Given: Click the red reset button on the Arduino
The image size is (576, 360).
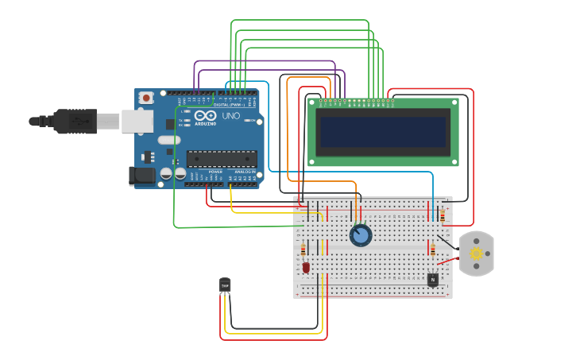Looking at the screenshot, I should [145, 98].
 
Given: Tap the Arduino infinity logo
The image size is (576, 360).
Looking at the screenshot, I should [204, 115].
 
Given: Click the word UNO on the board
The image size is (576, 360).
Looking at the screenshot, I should [230, 116].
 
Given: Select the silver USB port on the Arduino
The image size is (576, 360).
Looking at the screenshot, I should [137, 121].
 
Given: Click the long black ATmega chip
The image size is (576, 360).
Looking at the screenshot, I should [222, 158].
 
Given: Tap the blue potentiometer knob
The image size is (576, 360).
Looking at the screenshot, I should [361, 235].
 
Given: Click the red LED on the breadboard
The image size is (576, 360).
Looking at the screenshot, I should [306, 268].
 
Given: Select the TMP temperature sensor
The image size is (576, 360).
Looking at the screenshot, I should [225, 285].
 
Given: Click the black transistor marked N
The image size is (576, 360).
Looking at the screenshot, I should [432, 280].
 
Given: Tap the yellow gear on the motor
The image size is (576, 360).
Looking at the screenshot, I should [476, 254].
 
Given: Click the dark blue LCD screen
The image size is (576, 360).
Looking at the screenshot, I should [383, 132].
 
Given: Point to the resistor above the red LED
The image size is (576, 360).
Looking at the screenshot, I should [303, 250].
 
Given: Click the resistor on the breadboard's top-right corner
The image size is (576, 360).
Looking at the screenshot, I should [442, 213].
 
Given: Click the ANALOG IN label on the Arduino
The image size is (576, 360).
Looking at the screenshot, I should [244, 172].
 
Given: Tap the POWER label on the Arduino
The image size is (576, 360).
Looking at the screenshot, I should [215, 172].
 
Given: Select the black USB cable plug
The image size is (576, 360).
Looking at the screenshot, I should [75, 121].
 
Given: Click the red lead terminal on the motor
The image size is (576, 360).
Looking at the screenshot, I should [457, 259].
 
